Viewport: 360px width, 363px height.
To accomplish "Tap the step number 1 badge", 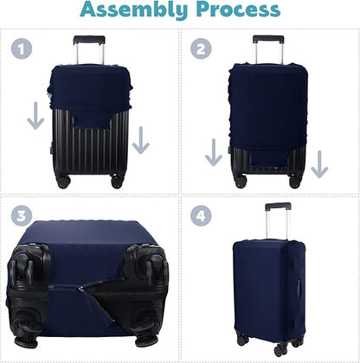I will tap(21, 49).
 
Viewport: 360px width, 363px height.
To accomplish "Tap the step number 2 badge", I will tap(202, 49).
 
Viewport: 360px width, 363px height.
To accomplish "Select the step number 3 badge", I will tap(21, 214).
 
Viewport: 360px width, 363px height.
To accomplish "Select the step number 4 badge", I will tap(202, 214).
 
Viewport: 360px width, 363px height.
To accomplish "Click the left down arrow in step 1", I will tap(35, 116).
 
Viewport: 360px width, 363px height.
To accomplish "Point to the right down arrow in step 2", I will tap(319, 161).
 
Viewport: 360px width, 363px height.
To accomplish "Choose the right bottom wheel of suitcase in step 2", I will tap(296, 182).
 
